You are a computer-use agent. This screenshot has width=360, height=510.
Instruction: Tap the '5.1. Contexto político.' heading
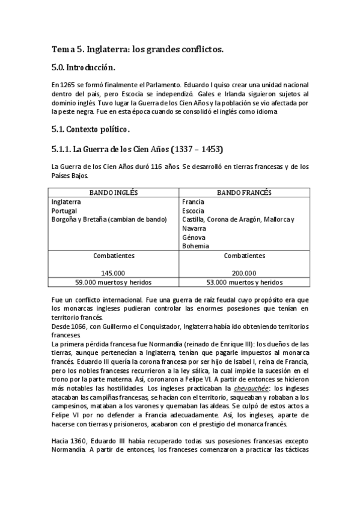[91, 129]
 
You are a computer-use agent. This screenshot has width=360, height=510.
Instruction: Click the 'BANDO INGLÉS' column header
[114, 192]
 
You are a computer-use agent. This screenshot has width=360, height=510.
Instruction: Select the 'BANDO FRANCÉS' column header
[244, 192]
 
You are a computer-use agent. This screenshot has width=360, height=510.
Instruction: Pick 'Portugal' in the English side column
[64, 211]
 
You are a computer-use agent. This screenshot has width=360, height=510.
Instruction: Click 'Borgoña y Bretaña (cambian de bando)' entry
[109, 220]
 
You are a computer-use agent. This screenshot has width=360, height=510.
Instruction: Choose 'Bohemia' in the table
[195, 246]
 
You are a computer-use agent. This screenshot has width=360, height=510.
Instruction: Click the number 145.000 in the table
[114, 272]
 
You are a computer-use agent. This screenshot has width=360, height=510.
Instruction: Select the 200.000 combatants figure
[244, 272]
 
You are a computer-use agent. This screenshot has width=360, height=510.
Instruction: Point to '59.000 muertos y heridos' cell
[114, 281]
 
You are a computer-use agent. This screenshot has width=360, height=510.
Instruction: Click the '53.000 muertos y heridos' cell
[244, 281]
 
